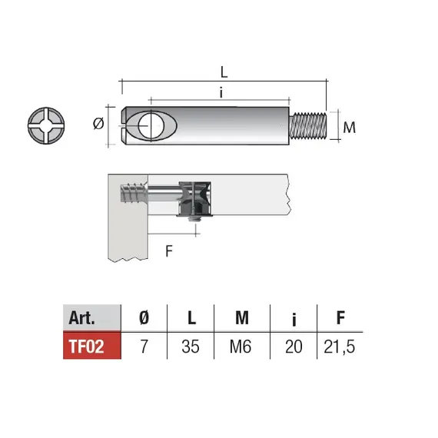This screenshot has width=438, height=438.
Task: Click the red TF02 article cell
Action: click(x=91, y=346)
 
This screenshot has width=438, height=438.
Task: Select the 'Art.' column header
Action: click(x=91, y=317)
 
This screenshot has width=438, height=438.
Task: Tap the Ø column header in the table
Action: click(x=142, y=317)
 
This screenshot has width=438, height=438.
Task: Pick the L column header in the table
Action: click(x=191, y=317)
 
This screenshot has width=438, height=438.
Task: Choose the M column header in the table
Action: click(x=241, y=317)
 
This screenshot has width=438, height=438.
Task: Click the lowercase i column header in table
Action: click(x=292, y=317)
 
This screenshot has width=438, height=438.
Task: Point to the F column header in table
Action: click(x=340, y=317)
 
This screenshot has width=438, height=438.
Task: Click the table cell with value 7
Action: click(x=142, y=347)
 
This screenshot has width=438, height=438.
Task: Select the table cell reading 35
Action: click(x=191, y=347)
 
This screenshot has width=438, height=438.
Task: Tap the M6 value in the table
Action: click(x=241, y=347)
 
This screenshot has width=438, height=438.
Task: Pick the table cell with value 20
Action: click(x=292, y=347)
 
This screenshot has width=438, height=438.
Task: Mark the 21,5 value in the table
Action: click(x=340, y=347)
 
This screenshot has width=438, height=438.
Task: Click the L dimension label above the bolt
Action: click(x=224, y=71)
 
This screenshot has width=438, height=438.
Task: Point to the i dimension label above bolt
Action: click(x=221, y=92)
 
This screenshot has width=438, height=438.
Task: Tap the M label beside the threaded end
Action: click(x=349, y=127)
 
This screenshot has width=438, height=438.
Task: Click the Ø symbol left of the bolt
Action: click(x=97, y=124)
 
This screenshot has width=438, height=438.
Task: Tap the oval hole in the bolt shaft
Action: click(x=151, y=124)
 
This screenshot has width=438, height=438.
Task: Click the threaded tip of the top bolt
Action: click(x=312, y=125)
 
